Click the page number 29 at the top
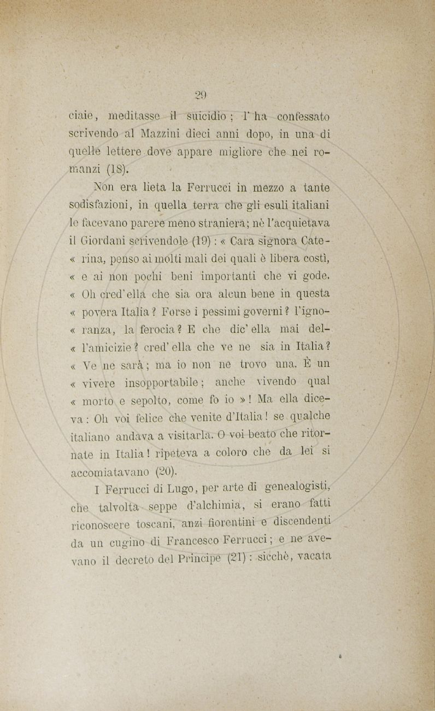[x=201, y=94]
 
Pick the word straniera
[x=257, y=223]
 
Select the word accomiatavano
[x=112, y=472]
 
